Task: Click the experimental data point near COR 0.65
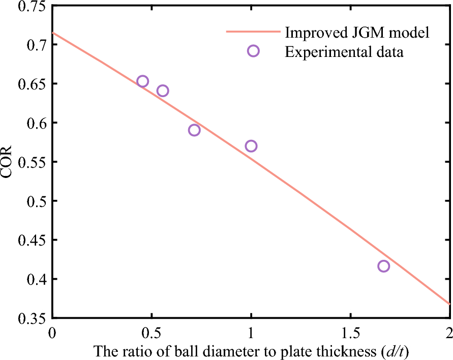coord(143,81)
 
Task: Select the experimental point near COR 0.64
coord(163,91)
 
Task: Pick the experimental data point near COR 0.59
coord(194,130)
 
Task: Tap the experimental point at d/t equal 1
coord(251,146)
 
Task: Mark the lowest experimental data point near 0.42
coord(384,266)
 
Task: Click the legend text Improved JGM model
coord(358,33)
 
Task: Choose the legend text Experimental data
coord(344,51)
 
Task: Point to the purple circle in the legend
coord(253,51)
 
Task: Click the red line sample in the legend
coord(253,33)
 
